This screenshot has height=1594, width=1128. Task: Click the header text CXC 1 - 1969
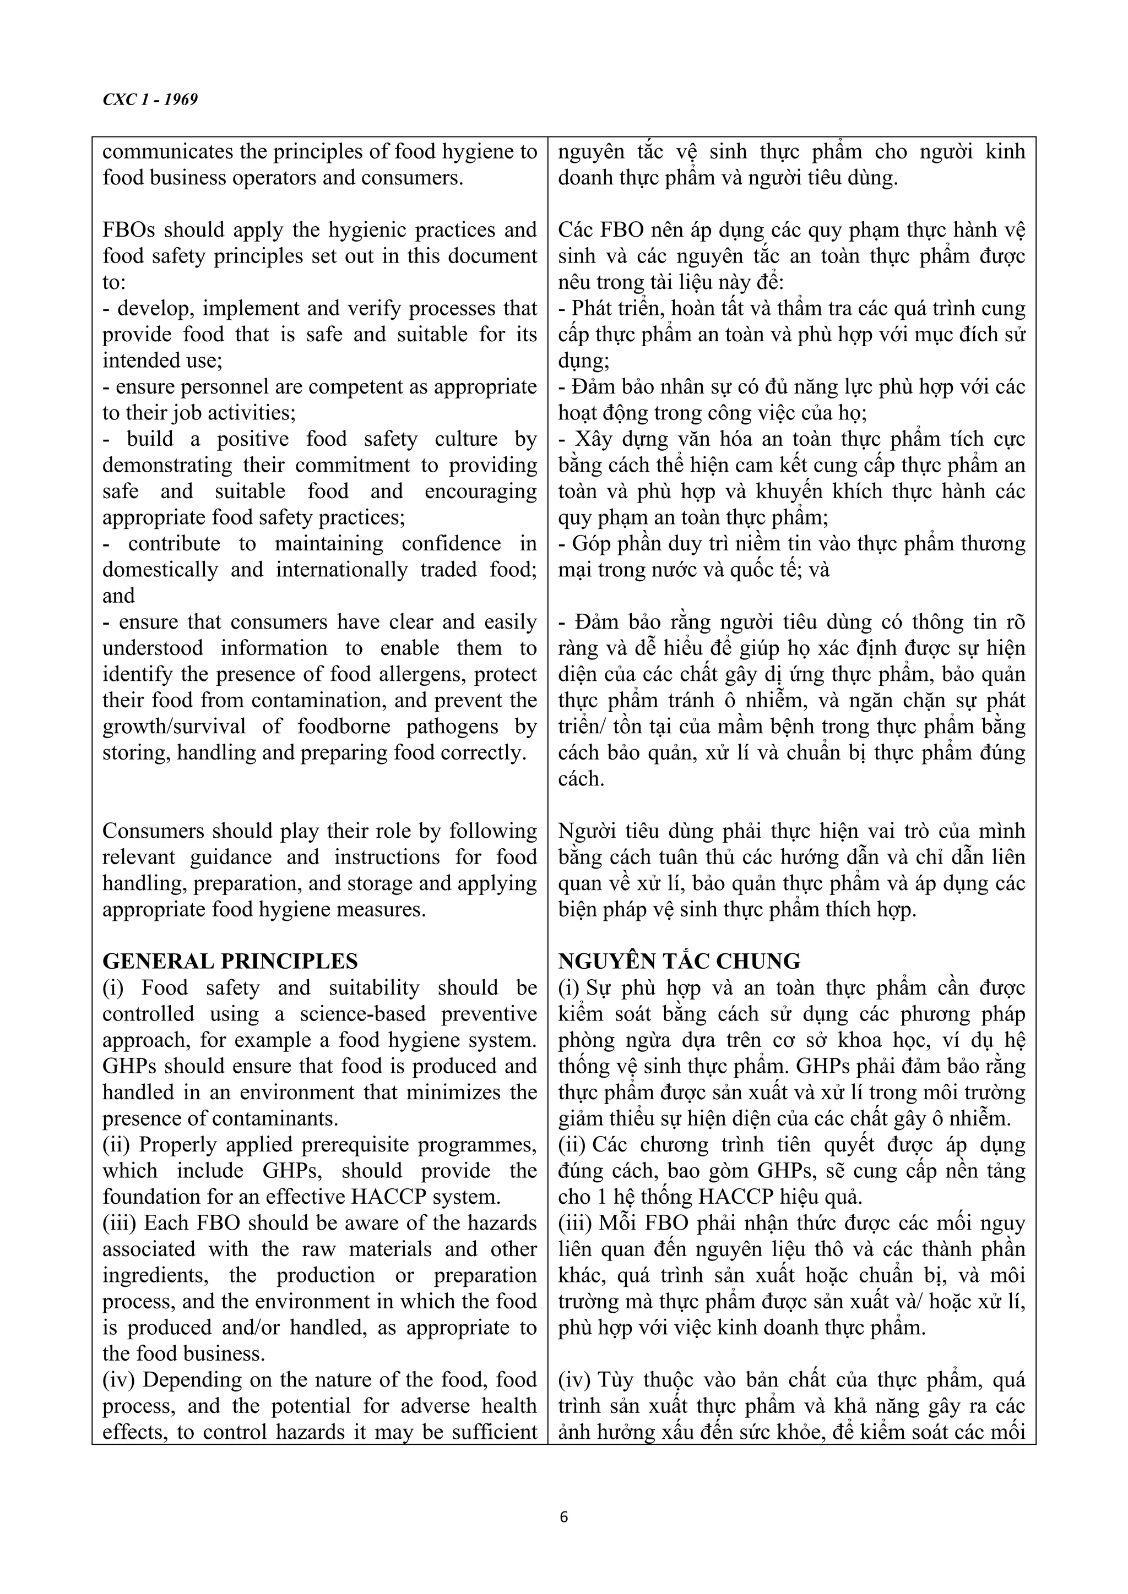[150, 99]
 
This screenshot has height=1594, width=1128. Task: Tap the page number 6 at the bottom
[563, 1517]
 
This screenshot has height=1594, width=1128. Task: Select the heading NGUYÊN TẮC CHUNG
[679, 961]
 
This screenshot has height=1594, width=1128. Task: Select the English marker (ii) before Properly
[117, 1144]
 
